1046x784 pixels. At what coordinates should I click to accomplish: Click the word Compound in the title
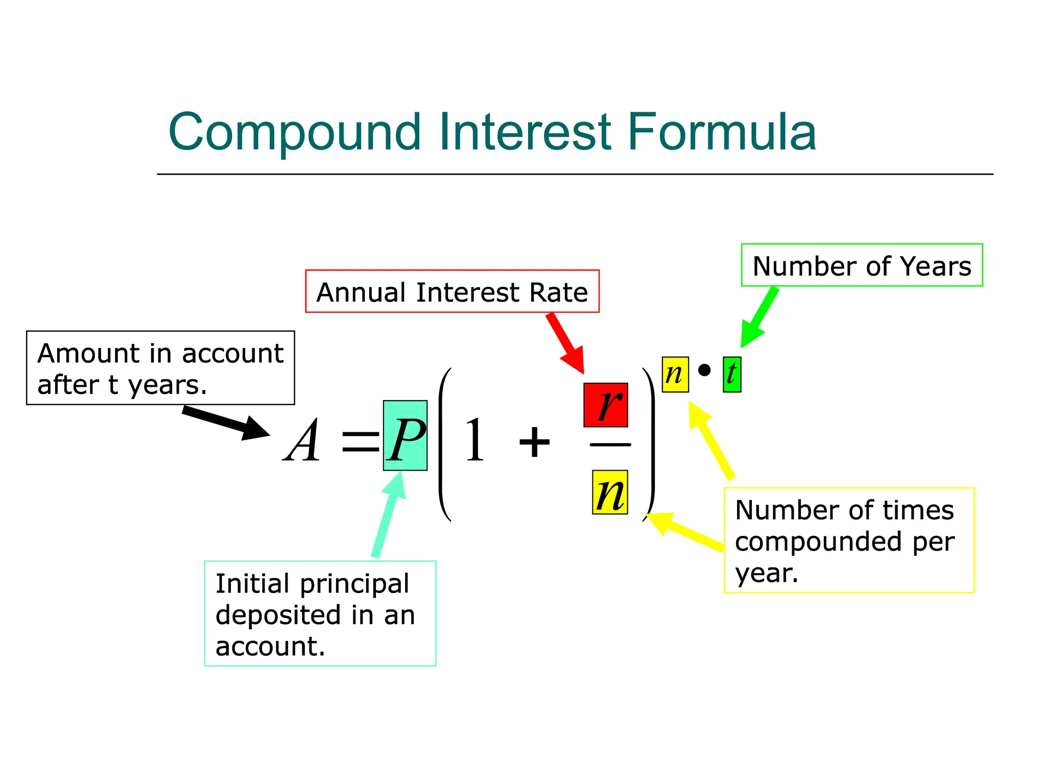(x=295, y=132)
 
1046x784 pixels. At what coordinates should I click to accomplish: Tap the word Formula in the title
(x=721, y=132)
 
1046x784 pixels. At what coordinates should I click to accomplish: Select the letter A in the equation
(x=302, y=440)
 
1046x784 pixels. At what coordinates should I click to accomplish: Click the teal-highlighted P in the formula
(x=405, y=435)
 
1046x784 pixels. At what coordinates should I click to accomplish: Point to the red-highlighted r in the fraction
(x=606, y=405)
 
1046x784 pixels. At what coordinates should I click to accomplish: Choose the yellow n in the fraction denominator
(x=610, y=492)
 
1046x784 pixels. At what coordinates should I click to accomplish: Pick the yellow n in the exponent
(x=675, y=375)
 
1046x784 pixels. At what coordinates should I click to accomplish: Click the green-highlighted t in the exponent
(x=732, y=375)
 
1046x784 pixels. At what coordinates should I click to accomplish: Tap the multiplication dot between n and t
(x=704, y=370)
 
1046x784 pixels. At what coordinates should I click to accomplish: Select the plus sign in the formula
(x=534, y=442)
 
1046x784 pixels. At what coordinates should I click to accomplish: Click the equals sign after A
(x=361, y=442)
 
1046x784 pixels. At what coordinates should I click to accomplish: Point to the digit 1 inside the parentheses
(x=474, y=440)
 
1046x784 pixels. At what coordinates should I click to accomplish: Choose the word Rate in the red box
(x=559, y=292)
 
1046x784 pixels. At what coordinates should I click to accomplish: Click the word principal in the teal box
(x=354, y=584)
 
